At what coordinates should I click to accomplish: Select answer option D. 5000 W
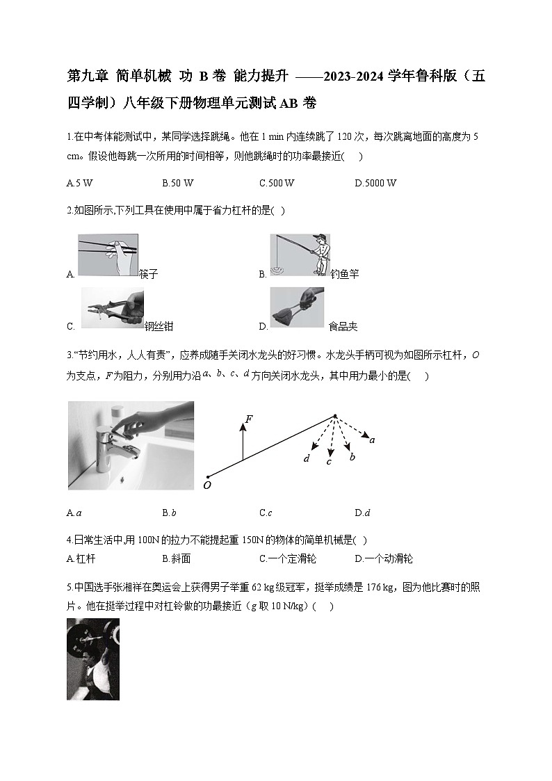coord(375,183)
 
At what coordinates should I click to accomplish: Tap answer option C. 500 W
coord(277,183)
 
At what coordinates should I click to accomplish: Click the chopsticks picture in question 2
coord(108,255)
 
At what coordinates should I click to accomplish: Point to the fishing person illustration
coord(300,255)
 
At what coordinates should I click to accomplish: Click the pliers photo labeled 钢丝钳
coord(112,308)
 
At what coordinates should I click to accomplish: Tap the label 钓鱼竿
coord(345,274)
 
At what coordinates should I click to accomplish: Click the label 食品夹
coord(343,326)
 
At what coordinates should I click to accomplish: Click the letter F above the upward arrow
coord(248,419)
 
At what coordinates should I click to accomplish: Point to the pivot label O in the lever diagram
coord(206,485)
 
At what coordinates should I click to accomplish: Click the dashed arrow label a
coord(373,440)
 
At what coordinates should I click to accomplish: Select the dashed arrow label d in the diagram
coord(306,458)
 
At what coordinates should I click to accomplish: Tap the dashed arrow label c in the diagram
coord(329,462)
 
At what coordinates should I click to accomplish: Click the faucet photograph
coord(131,445)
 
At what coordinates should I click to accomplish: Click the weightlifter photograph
coord(93,659)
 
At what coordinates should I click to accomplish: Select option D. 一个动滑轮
coord(384,558)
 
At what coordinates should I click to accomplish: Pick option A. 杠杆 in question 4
coord(80,558)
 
